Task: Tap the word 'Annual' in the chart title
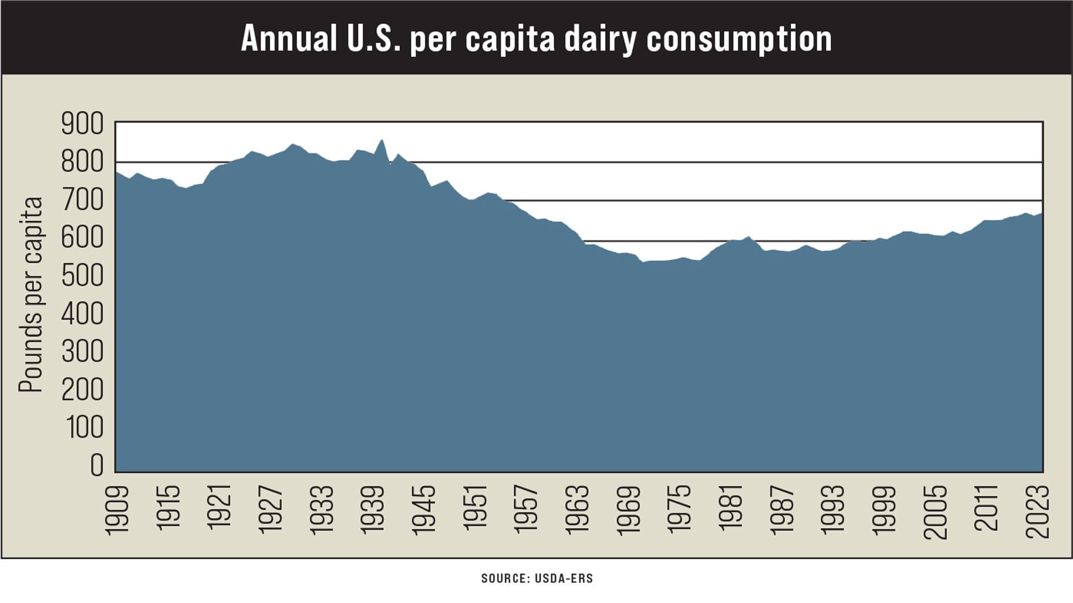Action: [x=289, y=39]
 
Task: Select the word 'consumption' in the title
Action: [x=739, y=40]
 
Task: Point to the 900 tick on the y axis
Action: [x=82, y=125]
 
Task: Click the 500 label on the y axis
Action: [x=82, y=276]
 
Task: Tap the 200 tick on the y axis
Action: [x=82, y=390]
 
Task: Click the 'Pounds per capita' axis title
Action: [x=31, y=295]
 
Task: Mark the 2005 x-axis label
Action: [x=936, y=511]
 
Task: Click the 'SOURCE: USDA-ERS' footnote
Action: [x=537, y=579]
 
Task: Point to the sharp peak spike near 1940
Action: [x=382, y=141]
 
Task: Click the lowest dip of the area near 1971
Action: [x=642, y=262]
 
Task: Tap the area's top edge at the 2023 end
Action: [x=1041, y=214]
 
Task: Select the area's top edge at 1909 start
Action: [x=116, y=172]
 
